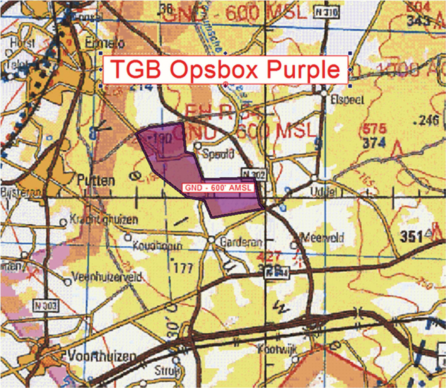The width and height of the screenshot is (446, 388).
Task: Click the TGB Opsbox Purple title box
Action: (x=225, y=70)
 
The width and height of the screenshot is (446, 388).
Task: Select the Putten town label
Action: (x=96, y=180)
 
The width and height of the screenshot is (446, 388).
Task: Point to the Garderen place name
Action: (x=241, y=242)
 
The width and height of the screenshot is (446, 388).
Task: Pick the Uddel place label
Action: (x=323, y=192)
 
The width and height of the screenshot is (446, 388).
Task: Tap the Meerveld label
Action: (x=322, y=238)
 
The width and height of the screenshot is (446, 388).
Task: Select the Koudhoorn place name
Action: (x=157, y=247)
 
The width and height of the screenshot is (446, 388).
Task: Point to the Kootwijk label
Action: (x=278, y=349)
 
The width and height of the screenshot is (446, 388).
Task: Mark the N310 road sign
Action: (x=327, y=13)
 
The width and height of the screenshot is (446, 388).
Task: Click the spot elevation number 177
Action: (x=184, y=269)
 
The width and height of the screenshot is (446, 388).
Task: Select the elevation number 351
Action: (x=411, y=237)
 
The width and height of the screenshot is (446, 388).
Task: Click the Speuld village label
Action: (x=218, y=154)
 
